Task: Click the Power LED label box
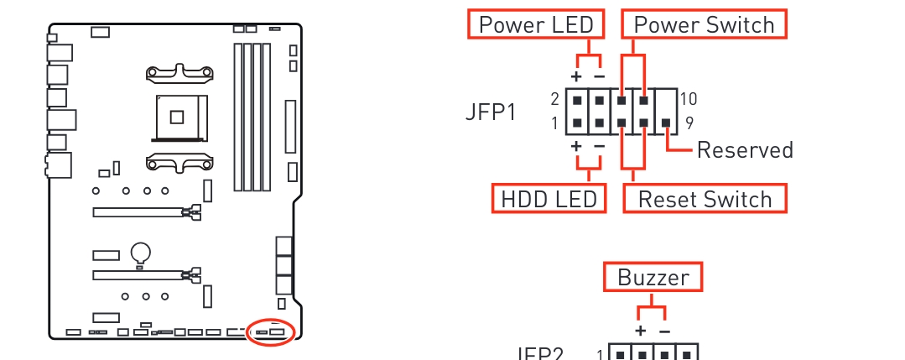click(535, 24)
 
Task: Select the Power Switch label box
click(704, 24)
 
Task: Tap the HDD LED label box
click(549, 199)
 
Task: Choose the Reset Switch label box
click(705, 199)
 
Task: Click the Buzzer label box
click(653, 278)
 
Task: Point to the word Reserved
click(745, 150)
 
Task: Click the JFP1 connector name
click(491, 112)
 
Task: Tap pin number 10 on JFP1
click(688, 99)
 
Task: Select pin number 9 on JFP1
click(688, 123)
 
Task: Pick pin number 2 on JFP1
click(555, 99)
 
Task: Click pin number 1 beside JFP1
click(555, 123)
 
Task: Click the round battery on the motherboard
click(141, 250)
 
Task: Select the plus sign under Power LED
click(576, 76)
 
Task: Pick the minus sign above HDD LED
click(599, 146)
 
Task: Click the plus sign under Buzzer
click(641, 331)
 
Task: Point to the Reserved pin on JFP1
click(665, 123)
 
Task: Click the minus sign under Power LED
click(599, 76)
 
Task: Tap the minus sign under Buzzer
click(664, 331)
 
